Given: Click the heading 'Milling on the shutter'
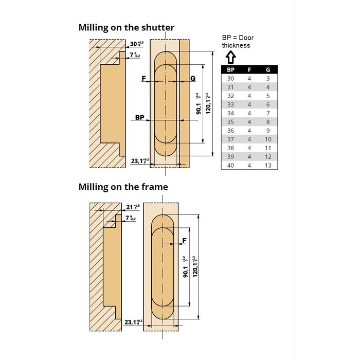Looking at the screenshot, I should point(126,28).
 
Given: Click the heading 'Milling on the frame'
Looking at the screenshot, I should point(123,187).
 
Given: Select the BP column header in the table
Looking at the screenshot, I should point(231,69).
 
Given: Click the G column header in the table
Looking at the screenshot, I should point(268,69).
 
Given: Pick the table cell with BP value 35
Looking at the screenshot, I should point(231,122).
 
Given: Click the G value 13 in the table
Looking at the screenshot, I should point(268,166).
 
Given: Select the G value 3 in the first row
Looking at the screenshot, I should point(268,78).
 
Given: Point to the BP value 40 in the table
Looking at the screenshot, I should point(231,166).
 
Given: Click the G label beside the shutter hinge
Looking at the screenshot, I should point(192,78).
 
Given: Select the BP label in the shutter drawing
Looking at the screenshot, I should point(139,118).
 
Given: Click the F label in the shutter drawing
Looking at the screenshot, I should point(144,78).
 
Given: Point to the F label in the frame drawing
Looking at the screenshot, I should point(184,240).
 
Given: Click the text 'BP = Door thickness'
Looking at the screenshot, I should point(238,41).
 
